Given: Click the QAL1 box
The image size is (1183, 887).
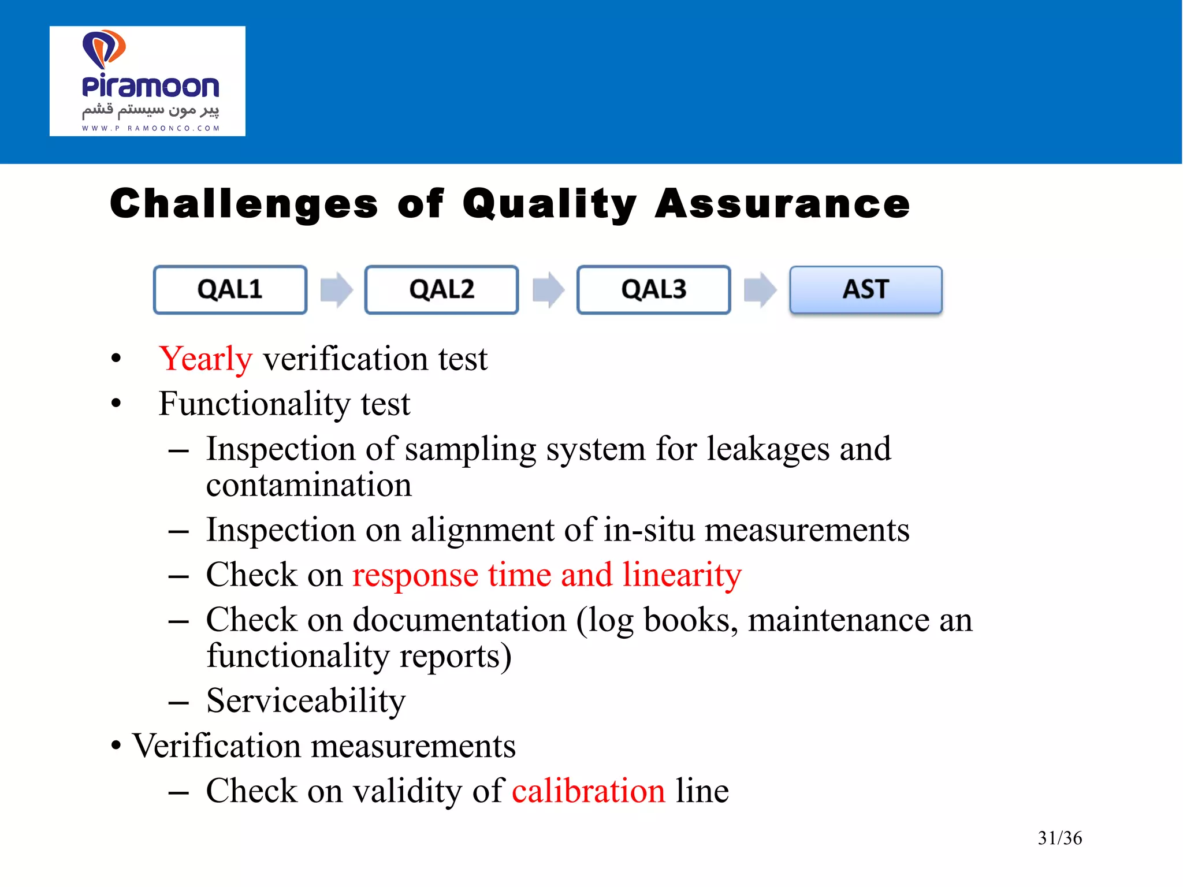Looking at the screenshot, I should click(230, 289).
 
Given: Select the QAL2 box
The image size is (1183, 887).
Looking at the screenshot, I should click(441, 289).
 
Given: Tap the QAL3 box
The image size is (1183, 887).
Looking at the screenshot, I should click(653, 289).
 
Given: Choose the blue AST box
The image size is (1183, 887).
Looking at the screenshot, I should click(865, 289).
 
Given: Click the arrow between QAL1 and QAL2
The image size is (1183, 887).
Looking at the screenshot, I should click(336, 289).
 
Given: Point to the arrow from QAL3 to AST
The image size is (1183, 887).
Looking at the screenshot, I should click(760, 289).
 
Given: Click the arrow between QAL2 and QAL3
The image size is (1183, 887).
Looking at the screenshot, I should click(548, 289).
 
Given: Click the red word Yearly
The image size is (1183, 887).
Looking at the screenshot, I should click(206, 359).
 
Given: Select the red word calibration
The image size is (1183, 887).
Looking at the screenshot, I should click(588, 791).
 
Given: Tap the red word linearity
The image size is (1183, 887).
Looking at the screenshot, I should click(682, 575).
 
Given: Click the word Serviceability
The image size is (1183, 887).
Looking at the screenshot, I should click(306, 701).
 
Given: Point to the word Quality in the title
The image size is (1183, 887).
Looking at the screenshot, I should click(549, 204).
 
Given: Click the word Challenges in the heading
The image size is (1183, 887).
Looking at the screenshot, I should click(244, 204).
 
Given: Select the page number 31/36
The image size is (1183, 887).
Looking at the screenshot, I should click(1059, 838).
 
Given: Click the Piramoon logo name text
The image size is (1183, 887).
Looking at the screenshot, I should click(150, 87).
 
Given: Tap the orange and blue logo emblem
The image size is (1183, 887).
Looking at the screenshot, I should click(104, 49).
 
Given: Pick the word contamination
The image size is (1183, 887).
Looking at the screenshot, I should click(309, 485).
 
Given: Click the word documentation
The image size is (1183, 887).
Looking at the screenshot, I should click(459, 620).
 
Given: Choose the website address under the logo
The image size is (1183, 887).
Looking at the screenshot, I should click(150, 128).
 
